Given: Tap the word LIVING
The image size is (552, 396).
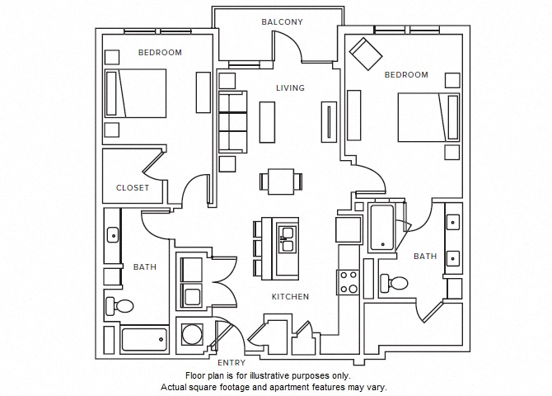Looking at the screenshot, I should [290, 87].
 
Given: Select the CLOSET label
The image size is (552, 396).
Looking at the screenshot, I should [132, 187].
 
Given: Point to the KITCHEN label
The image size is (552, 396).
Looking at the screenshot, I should [290, 297].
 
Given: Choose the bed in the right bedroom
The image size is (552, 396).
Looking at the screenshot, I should [428, 117].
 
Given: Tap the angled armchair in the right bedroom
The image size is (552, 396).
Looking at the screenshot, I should [364, 54].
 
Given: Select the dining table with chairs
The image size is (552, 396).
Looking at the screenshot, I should [280, 181].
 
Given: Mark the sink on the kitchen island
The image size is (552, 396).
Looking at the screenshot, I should [288, 243].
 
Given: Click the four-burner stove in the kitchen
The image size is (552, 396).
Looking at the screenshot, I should [348, 283].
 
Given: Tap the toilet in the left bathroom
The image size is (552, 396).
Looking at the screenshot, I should [120, 307].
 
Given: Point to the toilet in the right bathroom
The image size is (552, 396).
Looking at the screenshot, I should [395, 284].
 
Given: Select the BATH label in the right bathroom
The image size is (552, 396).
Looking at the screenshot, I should [425, 257].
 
